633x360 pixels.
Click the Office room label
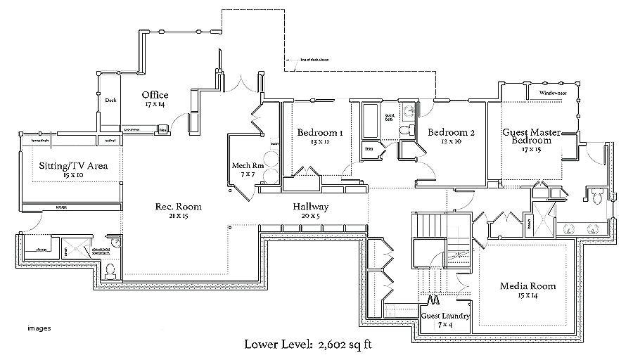click(x=154, y=95)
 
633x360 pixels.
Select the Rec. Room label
click(x=178, y=207)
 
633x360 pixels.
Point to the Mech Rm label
click(x=247, y=166)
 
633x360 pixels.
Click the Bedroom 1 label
click(x=319, y=132)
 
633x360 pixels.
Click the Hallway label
click(x=310, y=207)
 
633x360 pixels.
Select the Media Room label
click(x=527, y=285)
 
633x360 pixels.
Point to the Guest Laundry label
click(x=446, y=316)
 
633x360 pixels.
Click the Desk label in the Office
click(x=110, y=101)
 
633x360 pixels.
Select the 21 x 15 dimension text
click(x=178, y=216)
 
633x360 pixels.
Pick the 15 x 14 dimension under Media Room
click(x=527, y=295)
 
